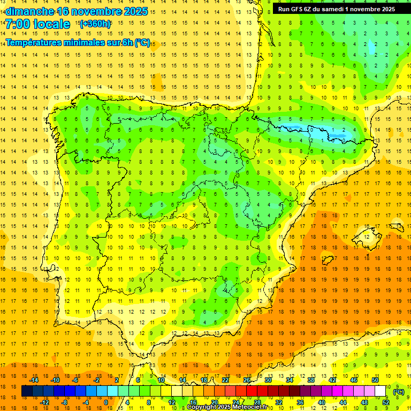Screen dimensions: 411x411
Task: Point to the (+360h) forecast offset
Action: coord(95,24)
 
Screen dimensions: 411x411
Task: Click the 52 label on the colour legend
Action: coord(386,402)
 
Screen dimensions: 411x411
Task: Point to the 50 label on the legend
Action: coord(375,380)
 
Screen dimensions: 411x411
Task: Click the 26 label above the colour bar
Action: coord(247,380)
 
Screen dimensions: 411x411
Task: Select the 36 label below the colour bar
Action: coord(300,402)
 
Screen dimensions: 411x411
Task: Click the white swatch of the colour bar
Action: coord(380,391)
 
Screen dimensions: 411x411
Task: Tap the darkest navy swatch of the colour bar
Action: coord(27,391)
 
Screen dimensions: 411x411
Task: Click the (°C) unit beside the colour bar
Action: coord(399,392)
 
